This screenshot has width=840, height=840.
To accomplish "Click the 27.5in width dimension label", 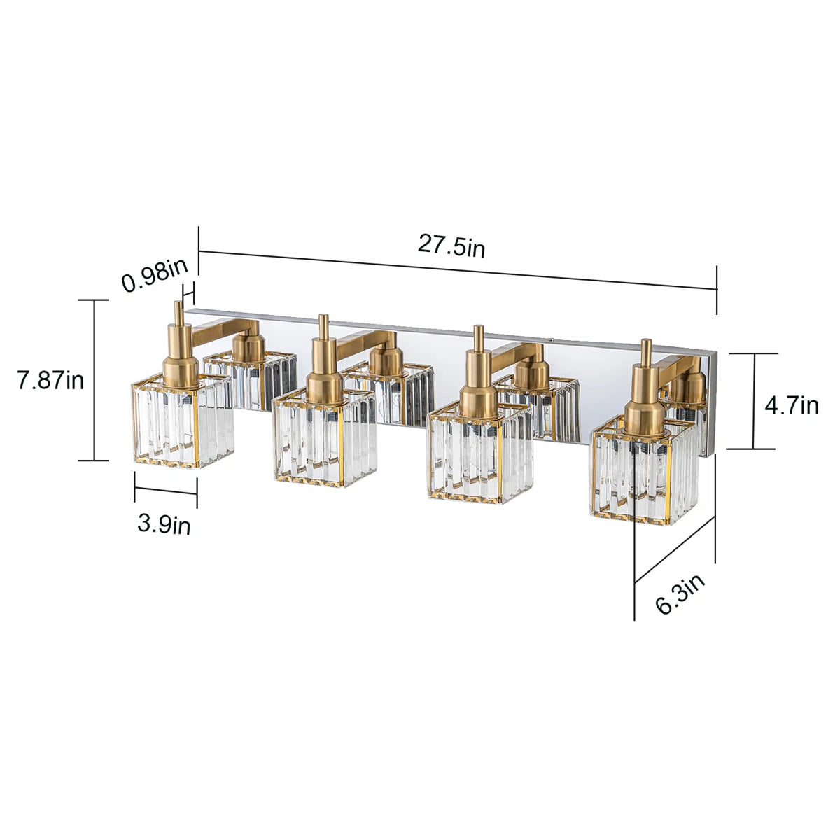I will point(451,246).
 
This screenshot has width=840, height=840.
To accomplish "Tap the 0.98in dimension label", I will point(155,274).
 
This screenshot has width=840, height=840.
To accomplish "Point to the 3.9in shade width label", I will point(164,523).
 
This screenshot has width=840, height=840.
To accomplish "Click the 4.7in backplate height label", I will point(791,405).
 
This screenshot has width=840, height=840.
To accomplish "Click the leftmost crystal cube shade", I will point(182,423).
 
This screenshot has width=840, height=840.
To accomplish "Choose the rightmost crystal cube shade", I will point(645,476).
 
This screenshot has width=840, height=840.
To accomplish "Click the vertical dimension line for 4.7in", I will point(754,401).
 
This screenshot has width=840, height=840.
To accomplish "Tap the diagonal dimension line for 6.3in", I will point(675,550).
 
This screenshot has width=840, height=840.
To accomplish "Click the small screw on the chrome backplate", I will point(552,341).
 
